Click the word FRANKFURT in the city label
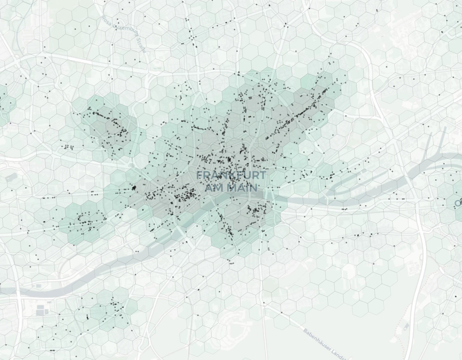(x=231, y=175)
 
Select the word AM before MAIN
(x=212, y=188)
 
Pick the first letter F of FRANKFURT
(x=199, y=175)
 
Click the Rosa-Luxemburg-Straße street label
(x=123, y=33)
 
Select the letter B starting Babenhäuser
(x=305, y=331)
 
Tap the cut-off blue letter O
(x=458, y=203)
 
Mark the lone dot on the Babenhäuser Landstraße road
(x=282, y=313)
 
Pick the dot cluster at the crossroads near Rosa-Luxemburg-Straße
(x=192, y=37)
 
